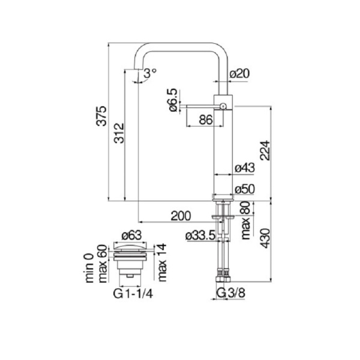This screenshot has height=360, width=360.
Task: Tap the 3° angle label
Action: tap(150, 71)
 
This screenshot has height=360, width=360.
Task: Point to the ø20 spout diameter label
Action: tap(240, 73)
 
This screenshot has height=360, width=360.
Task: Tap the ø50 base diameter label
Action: tap(245, 189)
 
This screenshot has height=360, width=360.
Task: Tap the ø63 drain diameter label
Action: tap(131, 235)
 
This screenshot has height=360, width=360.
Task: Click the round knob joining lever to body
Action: tap(223, 106)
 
